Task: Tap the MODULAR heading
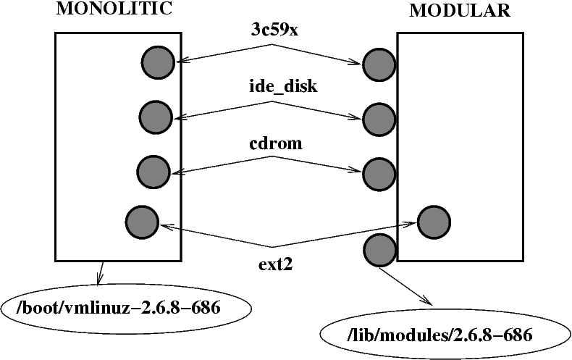pos(459,10)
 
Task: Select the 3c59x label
pos(273,31)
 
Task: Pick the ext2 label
pos(274,263)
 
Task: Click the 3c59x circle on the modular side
pos(379,66)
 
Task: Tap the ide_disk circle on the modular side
pos(379,118)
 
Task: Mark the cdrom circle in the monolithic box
pos(153,172)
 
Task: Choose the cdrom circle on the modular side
pos(379,173)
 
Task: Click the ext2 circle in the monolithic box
pos(142,222)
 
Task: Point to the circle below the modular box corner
pos(379,250)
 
